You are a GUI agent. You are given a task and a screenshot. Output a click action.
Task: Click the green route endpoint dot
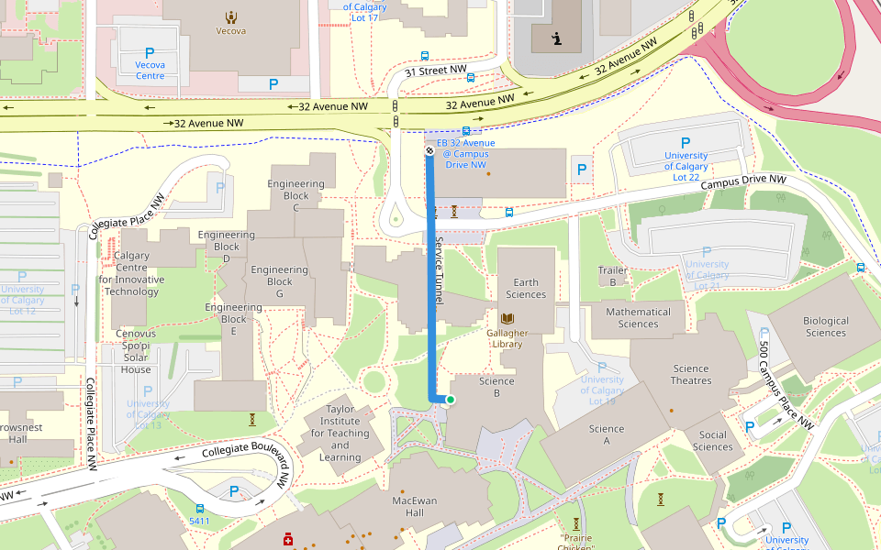[x=451, y=399]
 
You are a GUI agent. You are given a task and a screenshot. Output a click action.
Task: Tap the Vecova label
[x=229, y=30]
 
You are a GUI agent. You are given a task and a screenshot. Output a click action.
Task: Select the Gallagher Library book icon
[x=507, y=316]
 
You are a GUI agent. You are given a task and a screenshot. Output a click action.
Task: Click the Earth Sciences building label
[x=526, y=289]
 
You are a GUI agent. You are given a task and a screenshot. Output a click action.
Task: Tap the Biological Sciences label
[x=825, y=326]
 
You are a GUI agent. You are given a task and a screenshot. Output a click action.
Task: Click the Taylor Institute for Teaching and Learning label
[x=340, y=433]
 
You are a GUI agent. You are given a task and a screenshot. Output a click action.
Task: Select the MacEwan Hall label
[x=419, y=507]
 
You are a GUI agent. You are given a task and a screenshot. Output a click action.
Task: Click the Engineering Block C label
[x=296, y=195]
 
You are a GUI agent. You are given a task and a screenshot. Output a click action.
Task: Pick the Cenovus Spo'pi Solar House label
[x=136, y=351]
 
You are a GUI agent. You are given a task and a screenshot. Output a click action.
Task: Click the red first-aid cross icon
[x=288, y=540]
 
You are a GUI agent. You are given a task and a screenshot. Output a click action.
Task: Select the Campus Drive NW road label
[x=743, y=183]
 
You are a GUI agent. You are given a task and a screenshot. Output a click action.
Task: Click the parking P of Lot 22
[x=685, y=143]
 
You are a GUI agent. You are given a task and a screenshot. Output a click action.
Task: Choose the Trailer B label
[x=613, y=276]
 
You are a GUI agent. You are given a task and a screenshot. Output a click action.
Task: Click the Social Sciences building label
[x=712, y=441]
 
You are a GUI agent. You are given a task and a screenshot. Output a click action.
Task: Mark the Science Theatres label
[x=690, y=375]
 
